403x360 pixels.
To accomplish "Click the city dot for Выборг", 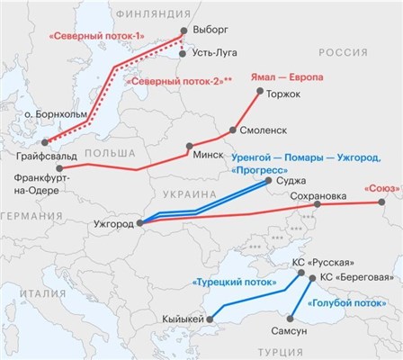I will click(x=184, y=31).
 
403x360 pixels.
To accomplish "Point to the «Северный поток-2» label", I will click(x=179, y=81).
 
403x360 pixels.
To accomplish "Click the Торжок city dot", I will click(x=260, y=91).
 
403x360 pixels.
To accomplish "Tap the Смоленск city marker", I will click(x=233, y=130).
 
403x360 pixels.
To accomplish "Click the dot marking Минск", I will click(x=189, y=146).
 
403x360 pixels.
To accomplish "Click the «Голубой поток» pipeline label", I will click(x=342, y=303).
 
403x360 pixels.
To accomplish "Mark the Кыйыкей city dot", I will click(x=212, y=319).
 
